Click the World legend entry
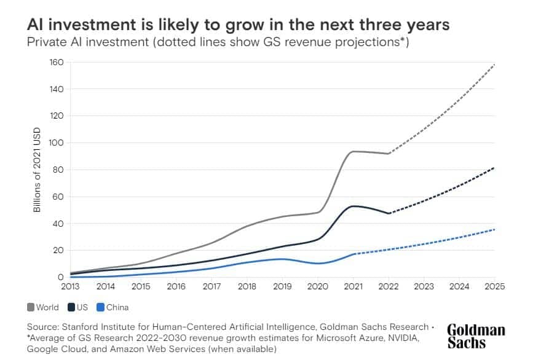click(43, 307)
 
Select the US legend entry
click(78, 307)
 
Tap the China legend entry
click(113, 307)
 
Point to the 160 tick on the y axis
click(57, 63)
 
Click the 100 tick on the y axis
click(57, 143)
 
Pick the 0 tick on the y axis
click(61, 277)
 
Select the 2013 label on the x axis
click(70, 286)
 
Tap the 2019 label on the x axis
click(282, 286)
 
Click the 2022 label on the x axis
click(389, 286)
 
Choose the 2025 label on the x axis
click(495, 286)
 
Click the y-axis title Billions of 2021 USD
click(37, 170)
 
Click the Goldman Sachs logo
click(476, 336)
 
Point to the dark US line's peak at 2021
click(353, 206)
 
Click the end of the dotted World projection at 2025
click(495, 65)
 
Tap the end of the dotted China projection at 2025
click(494, 229)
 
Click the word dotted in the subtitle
click(176, 42)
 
